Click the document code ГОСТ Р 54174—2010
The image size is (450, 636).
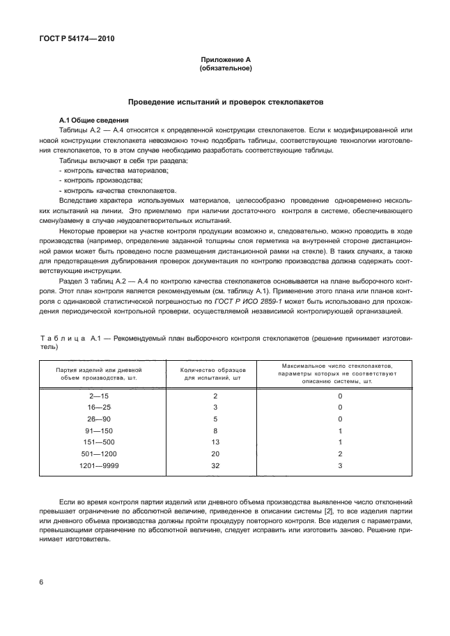77,39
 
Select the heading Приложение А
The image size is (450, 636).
225,61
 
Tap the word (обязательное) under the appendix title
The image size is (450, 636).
225,69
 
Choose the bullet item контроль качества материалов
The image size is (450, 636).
116,170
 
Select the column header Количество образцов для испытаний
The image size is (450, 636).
210,373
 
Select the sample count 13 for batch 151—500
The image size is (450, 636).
215,442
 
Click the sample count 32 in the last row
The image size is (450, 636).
215,466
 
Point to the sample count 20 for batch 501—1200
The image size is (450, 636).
215,454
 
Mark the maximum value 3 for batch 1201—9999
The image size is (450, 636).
340,466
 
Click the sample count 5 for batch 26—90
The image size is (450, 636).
215,419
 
